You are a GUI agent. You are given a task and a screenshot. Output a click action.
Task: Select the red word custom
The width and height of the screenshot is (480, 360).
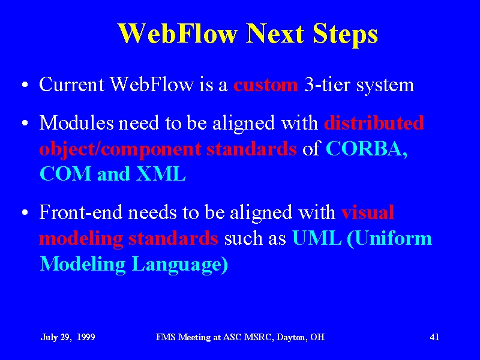point(266,85)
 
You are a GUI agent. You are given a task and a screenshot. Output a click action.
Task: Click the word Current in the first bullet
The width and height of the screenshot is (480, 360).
point(71,84)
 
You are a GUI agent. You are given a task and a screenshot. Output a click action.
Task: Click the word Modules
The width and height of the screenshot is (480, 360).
point(77,123)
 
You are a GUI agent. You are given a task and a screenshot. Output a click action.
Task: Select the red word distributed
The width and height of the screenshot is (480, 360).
point(374,123)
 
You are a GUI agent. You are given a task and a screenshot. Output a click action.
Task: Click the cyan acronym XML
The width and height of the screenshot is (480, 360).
point(161,174)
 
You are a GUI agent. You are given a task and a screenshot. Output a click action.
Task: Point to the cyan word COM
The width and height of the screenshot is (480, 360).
point(65,174)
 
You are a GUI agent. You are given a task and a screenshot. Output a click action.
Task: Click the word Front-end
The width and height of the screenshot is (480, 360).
point(80,212)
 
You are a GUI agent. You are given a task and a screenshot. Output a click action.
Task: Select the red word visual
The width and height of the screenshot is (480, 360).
point(368,212)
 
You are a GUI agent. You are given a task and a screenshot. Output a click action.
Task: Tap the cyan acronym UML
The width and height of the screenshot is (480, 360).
point(317,238)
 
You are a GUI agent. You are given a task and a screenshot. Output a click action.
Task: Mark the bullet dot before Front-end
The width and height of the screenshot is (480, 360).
point(25,212)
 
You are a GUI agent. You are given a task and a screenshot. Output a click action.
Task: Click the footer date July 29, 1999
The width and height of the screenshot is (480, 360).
point(68,337)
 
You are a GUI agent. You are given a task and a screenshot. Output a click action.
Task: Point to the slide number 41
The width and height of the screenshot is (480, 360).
point(434,337)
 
